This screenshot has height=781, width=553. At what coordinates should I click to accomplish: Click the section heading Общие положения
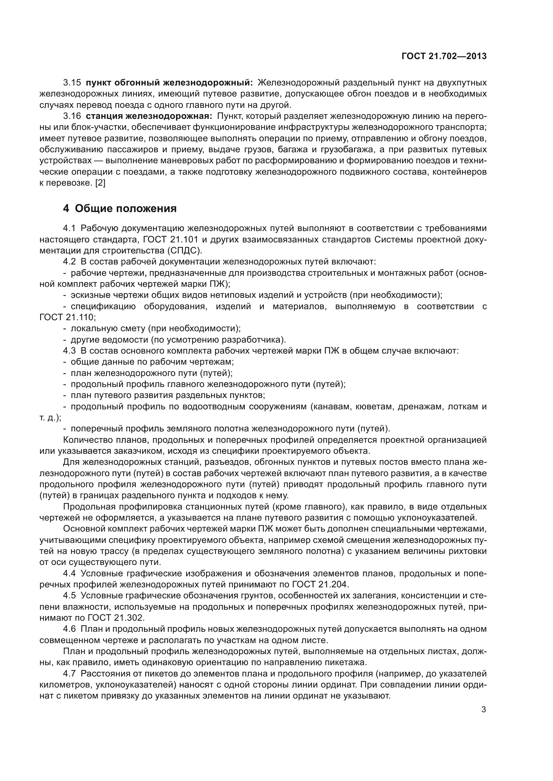tap(126, 208)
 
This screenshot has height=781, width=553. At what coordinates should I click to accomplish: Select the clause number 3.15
tap(72, 83)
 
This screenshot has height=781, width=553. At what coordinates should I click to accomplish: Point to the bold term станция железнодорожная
tap(149, 116)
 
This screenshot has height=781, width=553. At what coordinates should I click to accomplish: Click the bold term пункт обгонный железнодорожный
tap(169, 83)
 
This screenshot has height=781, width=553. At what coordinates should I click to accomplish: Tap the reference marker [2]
tap(100, 183)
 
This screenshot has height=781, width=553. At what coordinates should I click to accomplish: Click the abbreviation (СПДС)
tap(184, 251)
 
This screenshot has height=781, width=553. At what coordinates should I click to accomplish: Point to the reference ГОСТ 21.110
tap(68, 317)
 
